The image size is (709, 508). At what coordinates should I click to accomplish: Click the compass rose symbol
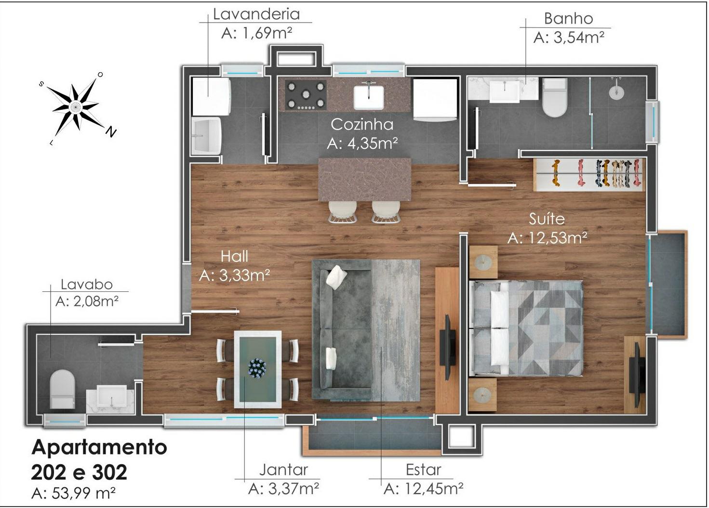pyautogui.click(x=76, y=107)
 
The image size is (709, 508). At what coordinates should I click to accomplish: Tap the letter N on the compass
pyautogui.click(x=111, y=131)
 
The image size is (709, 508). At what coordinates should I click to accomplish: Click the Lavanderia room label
pyautogui.click(x=256, y=14)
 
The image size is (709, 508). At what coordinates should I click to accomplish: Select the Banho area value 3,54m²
pyautogui.click(x=569, y=38)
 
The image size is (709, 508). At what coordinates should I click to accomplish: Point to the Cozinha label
pyautogui.click(x=362, y=124)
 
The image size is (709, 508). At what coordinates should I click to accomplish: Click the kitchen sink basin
pyautogui.click(x=368, y=97)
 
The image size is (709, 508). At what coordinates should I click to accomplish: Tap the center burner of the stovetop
pyautogui.click(x=306, y=94)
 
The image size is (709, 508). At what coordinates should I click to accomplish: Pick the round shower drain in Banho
pyautogui.click(x=616, y=92)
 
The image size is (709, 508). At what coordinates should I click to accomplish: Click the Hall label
pyautogui.click(x=234, y=256)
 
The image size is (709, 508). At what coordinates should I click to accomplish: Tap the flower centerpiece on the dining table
pyautogui.click(x=257, y=368)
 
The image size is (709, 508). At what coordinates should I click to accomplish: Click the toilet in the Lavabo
pyautogui.click(x=62, y=389)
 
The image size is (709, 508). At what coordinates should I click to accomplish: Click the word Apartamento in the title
pyautogui.click(x=99, y=447)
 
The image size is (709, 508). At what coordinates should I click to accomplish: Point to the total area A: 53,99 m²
pyautogui.click(x=73, y=493)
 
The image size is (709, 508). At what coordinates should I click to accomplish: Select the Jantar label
pyautogui.click(x=283, y=470)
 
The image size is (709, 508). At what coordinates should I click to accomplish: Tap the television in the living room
pyautogui.click(x=448, y=347)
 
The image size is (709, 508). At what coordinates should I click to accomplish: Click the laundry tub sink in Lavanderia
pyautogui.click(x=207, y=136)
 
